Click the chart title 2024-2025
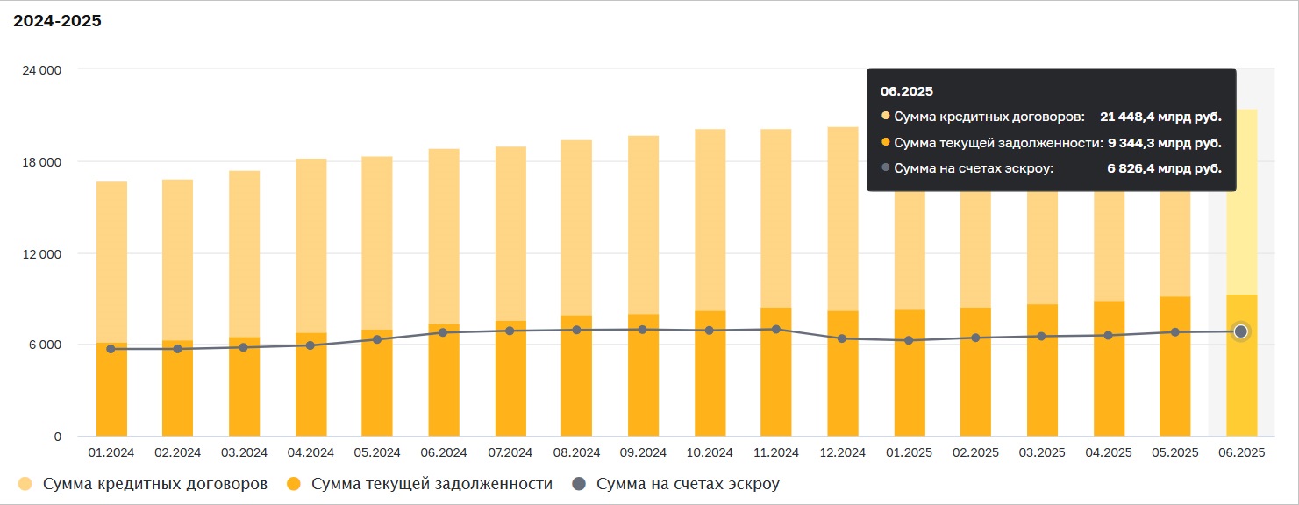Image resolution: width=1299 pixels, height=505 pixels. (57, 21)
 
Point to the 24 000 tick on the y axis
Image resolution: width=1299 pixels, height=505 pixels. (41, 69)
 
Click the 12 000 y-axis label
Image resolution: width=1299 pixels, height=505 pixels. (41, 254)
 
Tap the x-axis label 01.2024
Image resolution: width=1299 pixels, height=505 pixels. (111, 452)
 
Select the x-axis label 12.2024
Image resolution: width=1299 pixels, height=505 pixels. (843, 452)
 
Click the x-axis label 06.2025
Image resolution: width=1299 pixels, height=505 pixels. (1241, 452)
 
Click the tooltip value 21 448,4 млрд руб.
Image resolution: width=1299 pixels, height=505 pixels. (1160, 117)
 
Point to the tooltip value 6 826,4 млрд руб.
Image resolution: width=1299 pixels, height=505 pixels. (1165, 168)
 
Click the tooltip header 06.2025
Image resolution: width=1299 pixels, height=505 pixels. (907, 91)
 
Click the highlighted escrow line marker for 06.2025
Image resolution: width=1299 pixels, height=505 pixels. (1241, 331)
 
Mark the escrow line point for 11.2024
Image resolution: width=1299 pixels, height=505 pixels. (776, 329)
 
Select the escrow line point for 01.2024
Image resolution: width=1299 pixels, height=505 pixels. (111, 349)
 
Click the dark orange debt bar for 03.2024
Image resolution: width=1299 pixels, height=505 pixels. (245, 390)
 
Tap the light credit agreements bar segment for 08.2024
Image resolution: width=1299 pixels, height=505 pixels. (576, 228)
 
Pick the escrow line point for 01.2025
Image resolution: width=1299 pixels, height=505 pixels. (910, 340)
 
